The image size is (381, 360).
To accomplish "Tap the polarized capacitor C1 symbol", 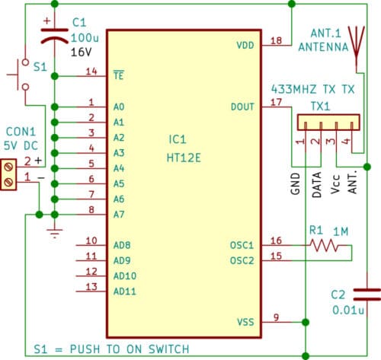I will pyautogui.click(x=55, y=37).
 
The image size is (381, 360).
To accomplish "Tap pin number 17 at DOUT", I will pyautogui.click(x=276, y=101).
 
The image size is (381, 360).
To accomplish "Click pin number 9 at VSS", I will pyautogui.click(x=276, y=317).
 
